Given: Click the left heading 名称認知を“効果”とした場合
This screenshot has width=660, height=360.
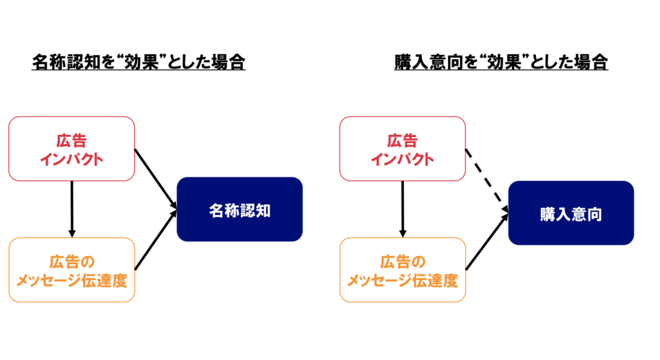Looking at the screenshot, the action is pyautogui.click(x=138, y=62).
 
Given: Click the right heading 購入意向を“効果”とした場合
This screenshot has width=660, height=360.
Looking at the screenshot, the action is pyautogui.click(x=501, y=62).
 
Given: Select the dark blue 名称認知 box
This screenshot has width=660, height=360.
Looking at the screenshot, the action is pyautogui.click(x=239, y=209).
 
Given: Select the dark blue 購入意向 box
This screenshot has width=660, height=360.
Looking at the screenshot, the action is pyautogui.click(x=571, y=213).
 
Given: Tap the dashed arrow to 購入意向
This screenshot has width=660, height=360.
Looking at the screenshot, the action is pyautogui.click(x=487, y=180).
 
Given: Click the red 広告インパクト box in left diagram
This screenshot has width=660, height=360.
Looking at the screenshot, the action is pyautogui.click(x=71, y=149).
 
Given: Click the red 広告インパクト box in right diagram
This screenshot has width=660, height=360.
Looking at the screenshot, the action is pyautogui.click(x=402, y=149).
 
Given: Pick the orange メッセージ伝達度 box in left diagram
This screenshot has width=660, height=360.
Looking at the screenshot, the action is pyautogui.click(x=71, y=270).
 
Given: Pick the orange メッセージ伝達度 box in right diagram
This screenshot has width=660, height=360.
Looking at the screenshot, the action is pyautogui.click(x=402, y=270).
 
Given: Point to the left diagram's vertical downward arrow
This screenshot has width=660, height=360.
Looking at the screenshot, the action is pyautogui.click(x=72, y=209).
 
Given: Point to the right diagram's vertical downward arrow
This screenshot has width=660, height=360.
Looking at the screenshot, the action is pyautogui.click(x=402, y=209).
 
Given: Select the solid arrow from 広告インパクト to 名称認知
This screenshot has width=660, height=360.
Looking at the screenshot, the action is pyautogui.click(x=156, y=178).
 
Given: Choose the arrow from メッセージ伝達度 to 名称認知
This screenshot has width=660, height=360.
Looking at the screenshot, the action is pyautogui.click(x=156, y=240).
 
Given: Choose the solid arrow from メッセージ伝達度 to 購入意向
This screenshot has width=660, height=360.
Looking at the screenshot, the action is pyautogui.click(x=487, y=242).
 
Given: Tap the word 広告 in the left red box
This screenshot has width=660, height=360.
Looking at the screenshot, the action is pyautogui.click(x=71, y=141).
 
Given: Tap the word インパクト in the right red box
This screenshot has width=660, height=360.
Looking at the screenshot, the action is pyautogui.click(x=402, y=159).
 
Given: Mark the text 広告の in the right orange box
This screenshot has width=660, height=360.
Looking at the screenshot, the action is pyautogui.click(x=402, y=262).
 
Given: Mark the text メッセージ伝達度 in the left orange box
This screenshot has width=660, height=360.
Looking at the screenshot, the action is pyautogui.click(x=71, y=281).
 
